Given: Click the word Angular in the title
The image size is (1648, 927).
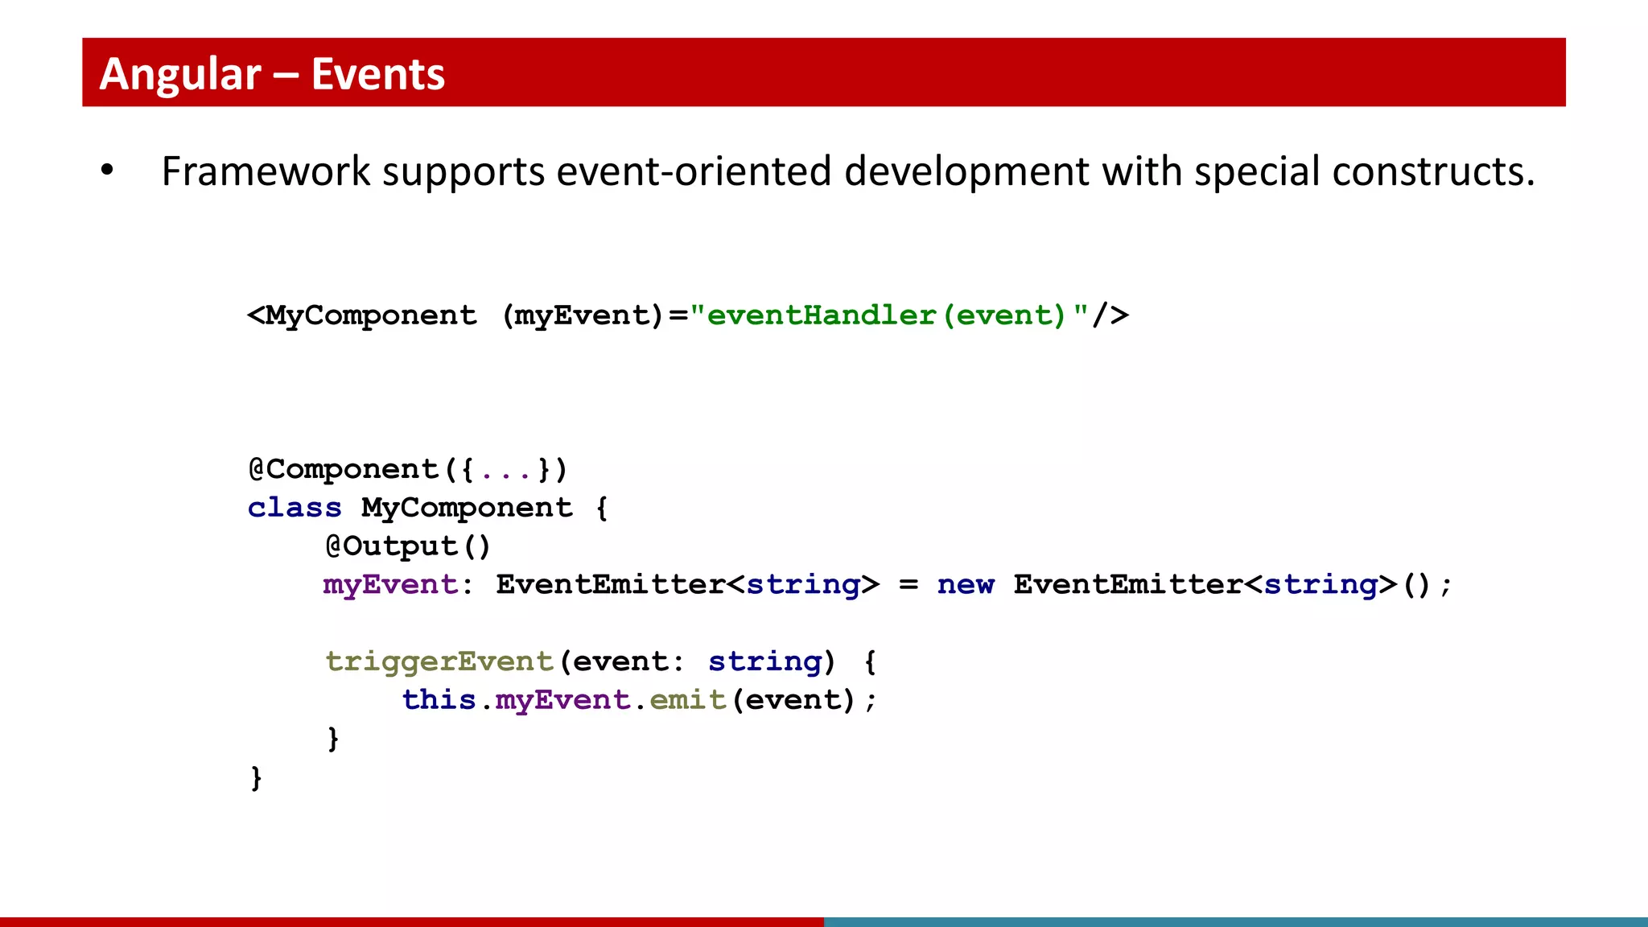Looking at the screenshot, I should pyautogui.click(x=180, y=74).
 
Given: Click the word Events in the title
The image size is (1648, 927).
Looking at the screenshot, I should pyautogui.click(x=377, y=74).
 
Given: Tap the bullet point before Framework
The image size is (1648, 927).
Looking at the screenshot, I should pyautogui.click(x=107, y=171).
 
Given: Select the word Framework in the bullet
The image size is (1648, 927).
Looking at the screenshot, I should pyautogui.click(x=266, y=171).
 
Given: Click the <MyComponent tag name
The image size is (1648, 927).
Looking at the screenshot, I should pyautogui.click(x=362, y=315).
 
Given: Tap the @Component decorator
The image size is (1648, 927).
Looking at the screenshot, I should pyautogui.click(x=344, y=469).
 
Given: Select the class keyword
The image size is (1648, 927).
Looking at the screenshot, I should pyautogui.click(x=295, y=508).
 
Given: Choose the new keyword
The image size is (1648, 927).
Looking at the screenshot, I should pyautogui.click(x=966, y=584).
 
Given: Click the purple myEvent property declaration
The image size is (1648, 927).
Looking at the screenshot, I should pyautogui.click(x=390, y=584).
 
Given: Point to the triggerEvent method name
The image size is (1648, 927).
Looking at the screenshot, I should pyautogui.click(x=439, y=661).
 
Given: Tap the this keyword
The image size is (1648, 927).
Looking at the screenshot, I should pyautogui.click(x=439, y=700).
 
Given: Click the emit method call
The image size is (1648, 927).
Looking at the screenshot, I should pyautogui.click(x=688, y=700).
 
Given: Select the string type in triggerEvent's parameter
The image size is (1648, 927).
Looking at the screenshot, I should pyautogui.click(x=765, y=661).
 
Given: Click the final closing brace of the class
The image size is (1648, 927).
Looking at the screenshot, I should pyautogui.click(x=256, y=777).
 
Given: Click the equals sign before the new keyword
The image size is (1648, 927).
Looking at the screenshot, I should pyautogui.click(x=908, y=585).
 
